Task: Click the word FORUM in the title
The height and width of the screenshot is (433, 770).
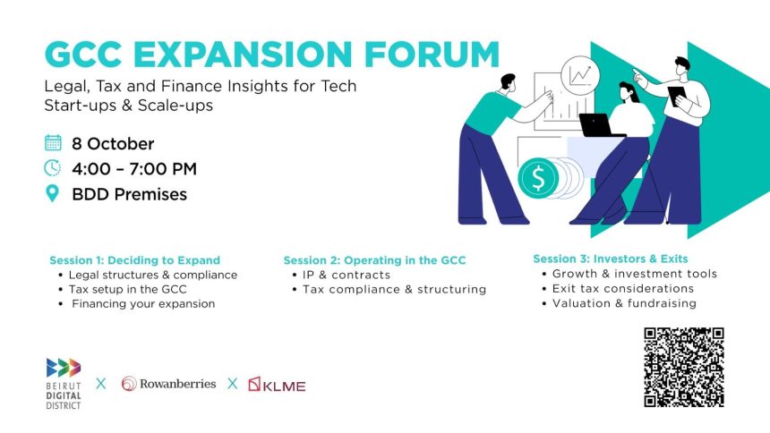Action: click(432, 54)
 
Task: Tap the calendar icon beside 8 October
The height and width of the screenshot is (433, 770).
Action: click(53, 143)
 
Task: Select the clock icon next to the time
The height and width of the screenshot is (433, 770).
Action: click(53, 168)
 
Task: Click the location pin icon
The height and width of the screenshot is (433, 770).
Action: click(52, 193)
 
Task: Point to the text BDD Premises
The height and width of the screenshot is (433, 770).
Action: click(130, 194)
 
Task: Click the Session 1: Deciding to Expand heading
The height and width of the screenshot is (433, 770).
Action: click(135, 260)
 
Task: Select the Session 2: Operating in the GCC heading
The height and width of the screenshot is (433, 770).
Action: click(374, 260)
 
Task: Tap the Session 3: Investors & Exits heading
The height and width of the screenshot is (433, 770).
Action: click(611, 259)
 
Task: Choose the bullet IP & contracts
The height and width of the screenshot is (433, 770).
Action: click(346, 275)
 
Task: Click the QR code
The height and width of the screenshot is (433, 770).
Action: click(684, 367)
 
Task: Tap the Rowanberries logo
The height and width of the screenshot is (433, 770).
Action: click(168, 384)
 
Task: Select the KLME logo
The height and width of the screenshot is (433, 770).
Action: click(277, 385)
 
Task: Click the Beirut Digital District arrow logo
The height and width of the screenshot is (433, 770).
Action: click(64, 368)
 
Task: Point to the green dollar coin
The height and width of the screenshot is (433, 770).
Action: click(538, 178)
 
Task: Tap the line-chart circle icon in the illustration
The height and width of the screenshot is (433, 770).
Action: click(580, 76)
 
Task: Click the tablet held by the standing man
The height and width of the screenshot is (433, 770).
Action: click(677, 97)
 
